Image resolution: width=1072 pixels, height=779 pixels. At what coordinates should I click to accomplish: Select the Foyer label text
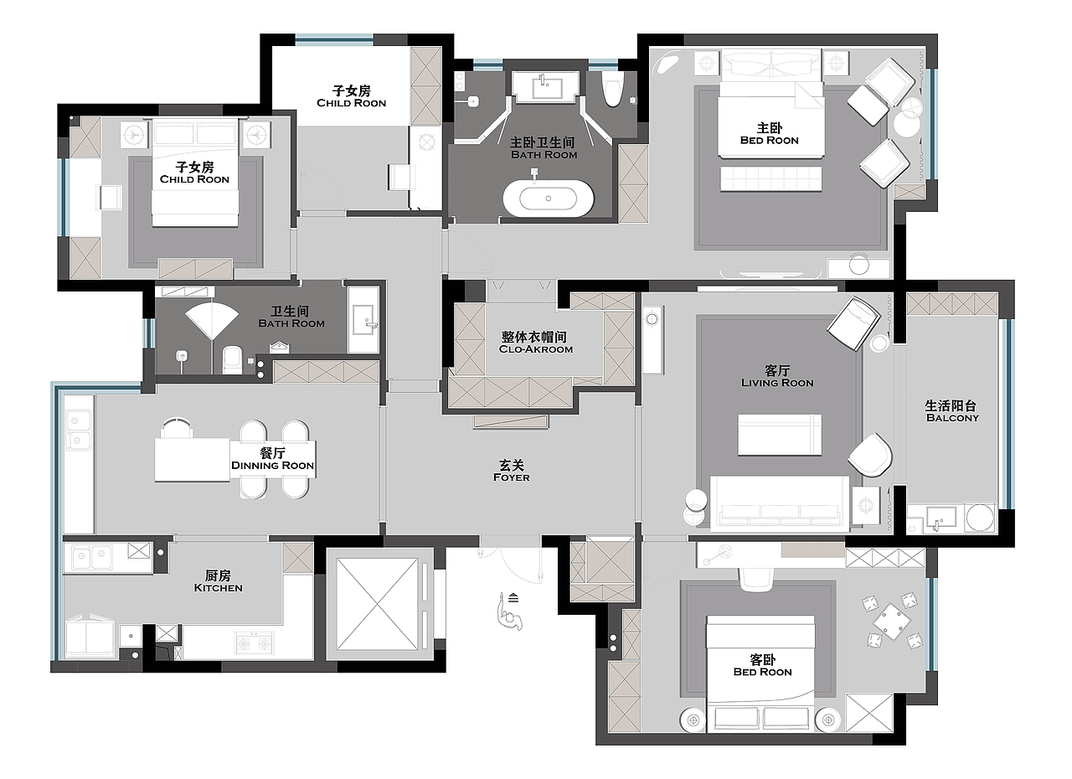click(512, 477)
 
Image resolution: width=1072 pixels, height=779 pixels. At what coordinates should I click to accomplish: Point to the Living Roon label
click(777, 383)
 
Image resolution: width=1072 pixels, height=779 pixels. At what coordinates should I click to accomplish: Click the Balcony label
click(952, 418)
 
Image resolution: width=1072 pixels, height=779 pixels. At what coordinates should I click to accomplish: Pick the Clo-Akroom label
click(535, 349)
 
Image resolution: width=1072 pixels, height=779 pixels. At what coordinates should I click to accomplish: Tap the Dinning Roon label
click(272, 465)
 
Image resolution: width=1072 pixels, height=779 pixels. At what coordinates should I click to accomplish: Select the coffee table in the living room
click(780, 435)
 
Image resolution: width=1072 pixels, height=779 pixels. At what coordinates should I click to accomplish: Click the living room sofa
click(780, 503)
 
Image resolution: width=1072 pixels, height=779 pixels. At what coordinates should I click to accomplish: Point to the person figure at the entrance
click(510, 613)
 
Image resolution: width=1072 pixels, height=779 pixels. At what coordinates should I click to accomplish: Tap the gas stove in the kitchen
click(254, 642)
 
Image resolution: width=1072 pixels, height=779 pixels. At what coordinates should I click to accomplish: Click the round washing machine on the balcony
click(979, 517)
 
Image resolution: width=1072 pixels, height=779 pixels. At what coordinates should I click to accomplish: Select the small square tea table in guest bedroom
click(891, 622)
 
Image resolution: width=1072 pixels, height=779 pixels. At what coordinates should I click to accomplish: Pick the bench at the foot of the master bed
click(771, 179)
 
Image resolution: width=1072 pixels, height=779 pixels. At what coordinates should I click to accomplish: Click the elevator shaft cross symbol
click(377, 604)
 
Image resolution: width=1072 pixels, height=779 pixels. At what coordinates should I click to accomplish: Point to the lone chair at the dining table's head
click(176, 428)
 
